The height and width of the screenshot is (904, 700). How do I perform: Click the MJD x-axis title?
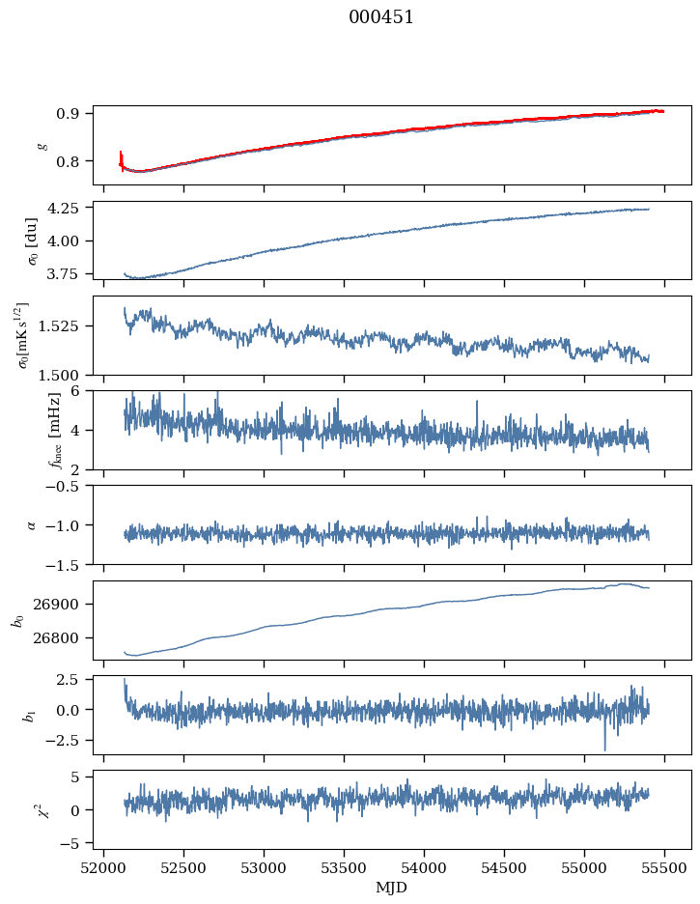pyautogui.click(x=391, y=887)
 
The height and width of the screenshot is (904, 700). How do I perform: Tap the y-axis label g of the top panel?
pyautogui.click(x=41, y=145)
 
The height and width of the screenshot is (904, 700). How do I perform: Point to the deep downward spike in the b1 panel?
pyautogui.click(x=605, y=749)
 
